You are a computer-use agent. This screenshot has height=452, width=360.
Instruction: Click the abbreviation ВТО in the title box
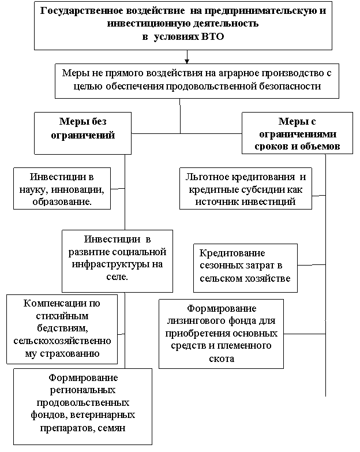pyautogui.click(x=211, y=37)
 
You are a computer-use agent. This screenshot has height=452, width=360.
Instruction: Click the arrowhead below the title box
pyautogui.click(x=187, y=61)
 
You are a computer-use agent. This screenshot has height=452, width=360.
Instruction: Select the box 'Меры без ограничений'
pyautogui.click(x=82, y=133)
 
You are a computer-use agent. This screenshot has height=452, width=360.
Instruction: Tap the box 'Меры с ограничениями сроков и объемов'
pyautogui.click(x=297, y=133)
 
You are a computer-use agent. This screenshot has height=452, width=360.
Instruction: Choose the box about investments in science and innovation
pyautogui.click(x=62, y=189)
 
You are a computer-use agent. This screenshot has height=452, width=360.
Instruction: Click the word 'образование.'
pyautogui.click(x=62, y=201)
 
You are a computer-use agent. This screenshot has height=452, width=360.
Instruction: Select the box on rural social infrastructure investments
pyautogui.click(x=117, y=261)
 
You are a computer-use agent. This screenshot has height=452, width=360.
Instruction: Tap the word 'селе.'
pyautogui.click(x=117, y=277)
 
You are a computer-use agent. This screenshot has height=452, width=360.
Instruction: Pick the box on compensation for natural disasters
pyautogui.click(x=62, y=329)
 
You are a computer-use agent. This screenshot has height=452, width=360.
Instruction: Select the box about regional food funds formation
pyautogui.click(x=82, y=406)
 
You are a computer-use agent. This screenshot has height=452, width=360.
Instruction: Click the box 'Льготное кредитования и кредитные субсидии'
pyautogui.click(x=246, y=189)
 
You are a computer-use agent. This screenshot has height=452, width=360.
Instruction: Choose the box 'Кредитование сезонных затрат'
pyautogui.click(x=245, y=268)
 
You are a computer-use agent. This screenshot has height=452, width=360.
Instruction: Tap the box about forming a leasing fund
pyautogui.click(x=221, y=334)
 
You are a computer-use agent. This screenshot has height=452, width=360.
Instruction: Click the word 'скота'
pyautogui.click(x=221, y=358)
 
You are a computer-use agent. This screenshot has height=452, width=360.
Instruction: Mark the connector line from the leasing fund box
pyautogui.click(x=305, y=334)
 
